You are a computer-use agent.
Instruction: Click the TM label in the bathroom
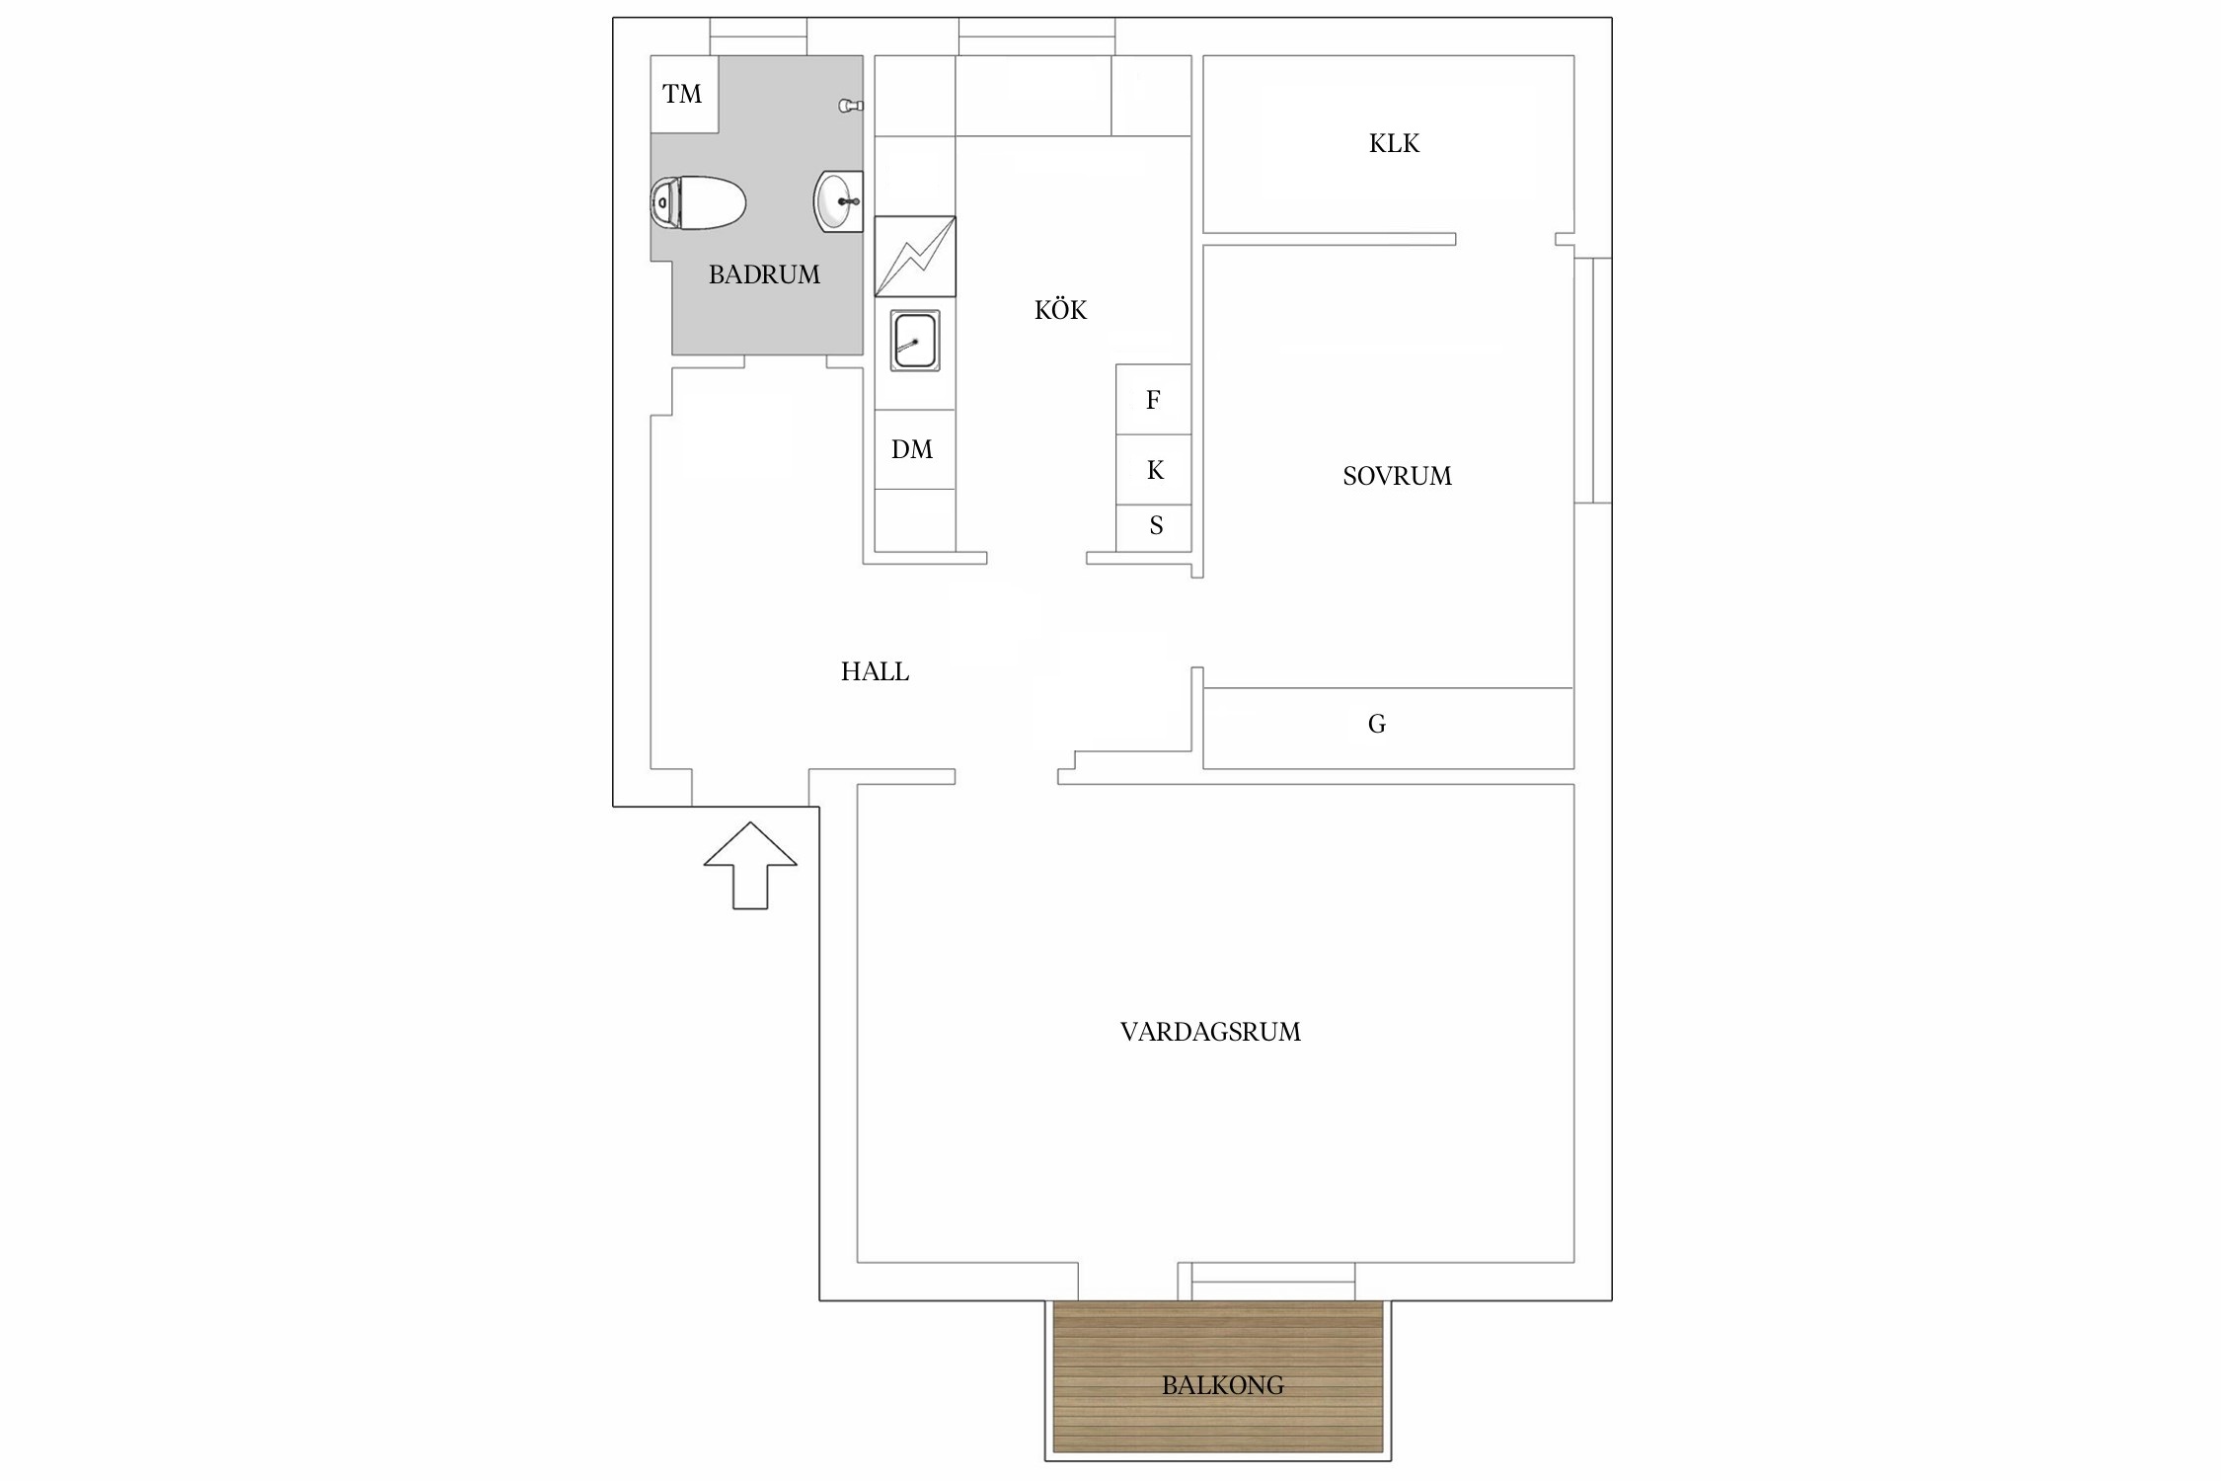[x=682, y=94]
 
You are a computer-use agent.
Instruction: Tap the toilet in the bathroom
[x=697, y=203]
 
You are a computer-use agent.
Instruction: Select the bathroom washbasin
[x=838, y=201]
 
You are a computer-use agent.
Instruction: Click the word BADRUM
[x=764, y=274]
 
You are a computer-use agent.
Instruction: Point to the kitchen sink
[x=915, y=341]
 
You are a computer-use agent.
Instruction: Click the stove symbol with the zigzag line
[x=915, y=257]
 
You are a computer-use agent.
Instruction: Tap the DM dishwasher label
[x=912, y=450]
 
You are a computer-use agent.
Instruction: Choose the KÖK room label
[x=1060, y=310]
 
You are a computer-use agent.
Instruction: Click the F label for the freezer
[x=1153, y=400]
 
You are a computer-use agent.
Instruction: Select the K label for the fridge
[x=1155, y=470]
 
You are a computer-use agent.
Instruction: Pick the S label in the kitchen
[x=1156, y=525]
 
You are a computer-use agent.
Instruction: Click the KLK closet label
[x=1394, y=144]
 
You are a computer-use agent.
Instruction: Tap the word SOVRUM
[x=1397, y=476]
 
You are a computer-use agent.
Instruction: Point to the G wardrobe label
[x=1377, y=725]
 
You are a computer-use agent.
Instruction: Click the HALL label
[x=875, y=672]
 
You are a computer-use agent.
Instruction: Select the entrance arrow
[x=750, y=865]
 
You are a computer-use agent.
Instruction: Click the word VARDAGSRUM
[x=1210, y=1033]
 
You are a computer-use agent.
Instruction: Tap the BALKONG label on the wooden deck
[x=1222, y=1386]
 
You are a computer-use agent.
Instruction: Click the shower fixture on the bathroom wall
[x=852, y=106]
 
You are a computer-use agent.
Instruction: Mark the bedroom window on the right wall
[x=1593, y=380]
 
